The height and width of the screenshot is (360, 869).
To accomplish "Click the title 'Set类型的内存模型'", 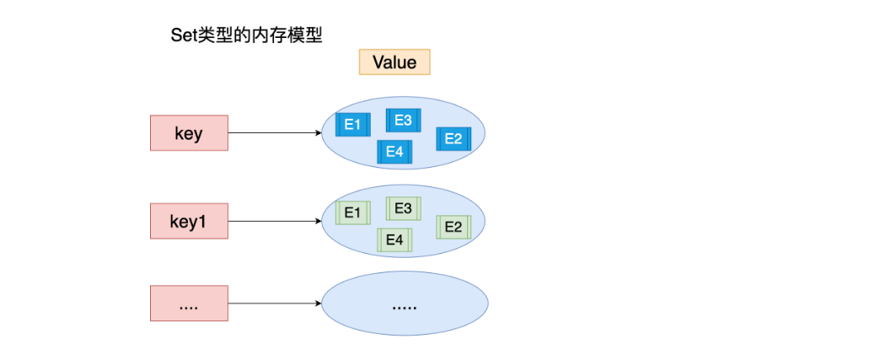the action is click(x=247, y=36).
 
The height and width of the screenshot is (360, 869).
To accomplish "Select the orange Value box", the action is click(x=394, y=62).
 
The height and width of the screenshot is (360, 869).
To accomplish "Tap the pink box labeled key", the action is click(x=189, y=133).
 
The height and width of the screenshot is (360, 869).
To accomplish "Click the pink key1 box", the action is click(x=189, y=222).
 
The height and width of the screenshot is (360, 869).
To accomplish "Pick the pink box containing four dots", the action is click(x=189, y=304).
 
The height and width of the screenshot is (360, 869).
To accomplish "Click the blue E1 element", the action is click(x=353, y=125).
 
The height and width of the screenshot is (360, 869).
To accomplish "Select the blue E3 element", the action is click(x=404, y=121).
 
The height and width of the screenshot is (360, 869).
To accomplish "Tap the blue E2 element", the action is click(x=454, y=138).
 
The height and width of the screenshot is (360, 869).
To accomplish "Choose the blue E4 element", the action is click(x=394, y=152).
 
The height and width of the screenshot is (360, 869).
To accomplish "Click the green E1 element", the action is click(x=353, y=213).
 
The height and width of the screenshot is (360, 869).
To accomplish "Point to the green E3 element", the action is click(x=404, y=208).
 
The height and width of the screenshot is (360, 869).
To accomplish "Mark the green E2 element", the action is click(x=454, y=227).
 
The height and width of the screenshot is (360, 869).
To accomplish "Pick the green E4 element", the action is click(x=394, y=240).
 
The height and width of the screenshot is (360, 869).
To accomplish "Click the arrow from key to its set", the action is click(x=275, y=133).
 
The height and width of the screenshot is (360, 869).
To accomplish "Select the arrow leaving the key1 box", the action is click(x=275, y=222).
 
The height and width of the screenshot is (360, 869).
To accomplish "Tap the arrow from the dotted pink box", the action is click(x=275, y=304).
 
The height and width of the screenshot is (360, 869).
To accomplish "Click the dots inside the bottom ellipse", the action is click(x=404, y=307).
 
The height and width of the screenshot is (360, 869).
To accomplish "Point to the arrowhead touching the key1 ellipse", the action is click(x=319, y=222).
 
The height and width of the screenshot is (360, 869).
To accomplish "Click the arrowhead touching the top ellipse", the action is click(x=319, y=133).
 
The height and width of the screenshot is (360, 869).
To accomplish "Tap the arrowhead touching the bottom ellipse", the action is click(x=319, y=304).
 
